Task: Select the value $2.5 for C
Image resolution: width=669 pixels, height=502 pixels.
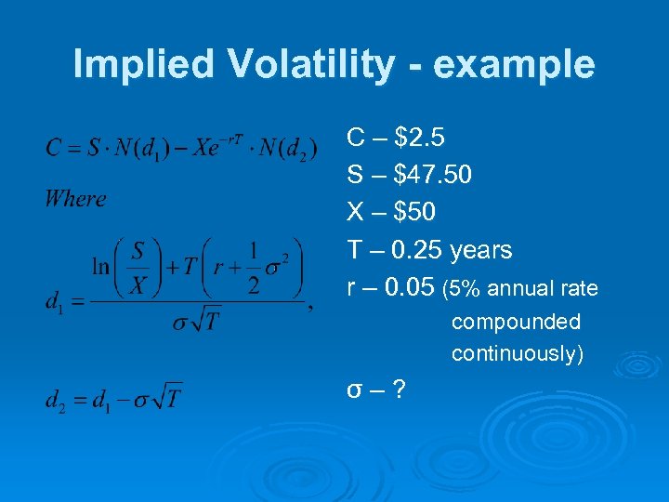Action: pyautogui.click(x=419, y=139)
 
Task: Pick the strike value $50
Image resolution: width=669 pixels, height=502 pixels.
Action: pyautogui.click(x=414, y=213)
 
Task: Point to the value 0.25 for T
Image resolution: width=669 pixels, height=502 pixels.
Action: pyautogui.click(x=419, y=250)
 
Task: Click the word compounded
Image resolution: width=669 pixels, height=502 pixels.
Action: pyautogui.click(x=516, y=322)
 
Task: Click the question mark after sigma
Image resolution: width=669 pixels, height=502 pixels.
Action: pyautogui.click(x=398, y=388)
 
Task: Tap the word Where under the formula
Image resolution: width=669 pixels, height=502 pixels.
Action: pyautogui.click(x=75, y=198)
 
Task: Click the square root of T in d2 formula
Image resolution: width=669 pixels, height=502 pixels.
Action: pyautogui.click(x=167, y=399)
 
